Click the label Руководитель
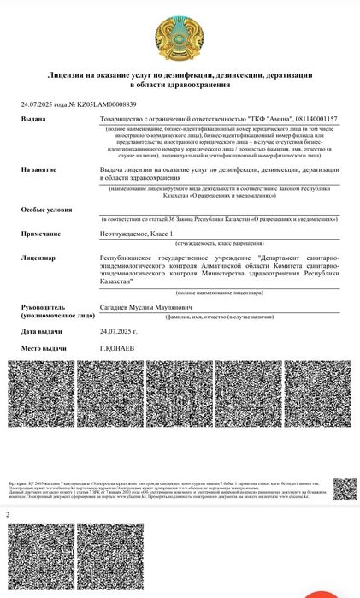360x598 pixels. coord(45,305)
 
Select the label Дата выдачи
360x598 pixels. coord(43,330)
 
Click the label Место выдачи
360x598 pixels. coord(44,349)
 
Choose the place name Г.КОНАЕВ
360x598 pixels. coord(119,349)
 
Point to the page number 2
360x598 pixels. coord(9,515)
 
